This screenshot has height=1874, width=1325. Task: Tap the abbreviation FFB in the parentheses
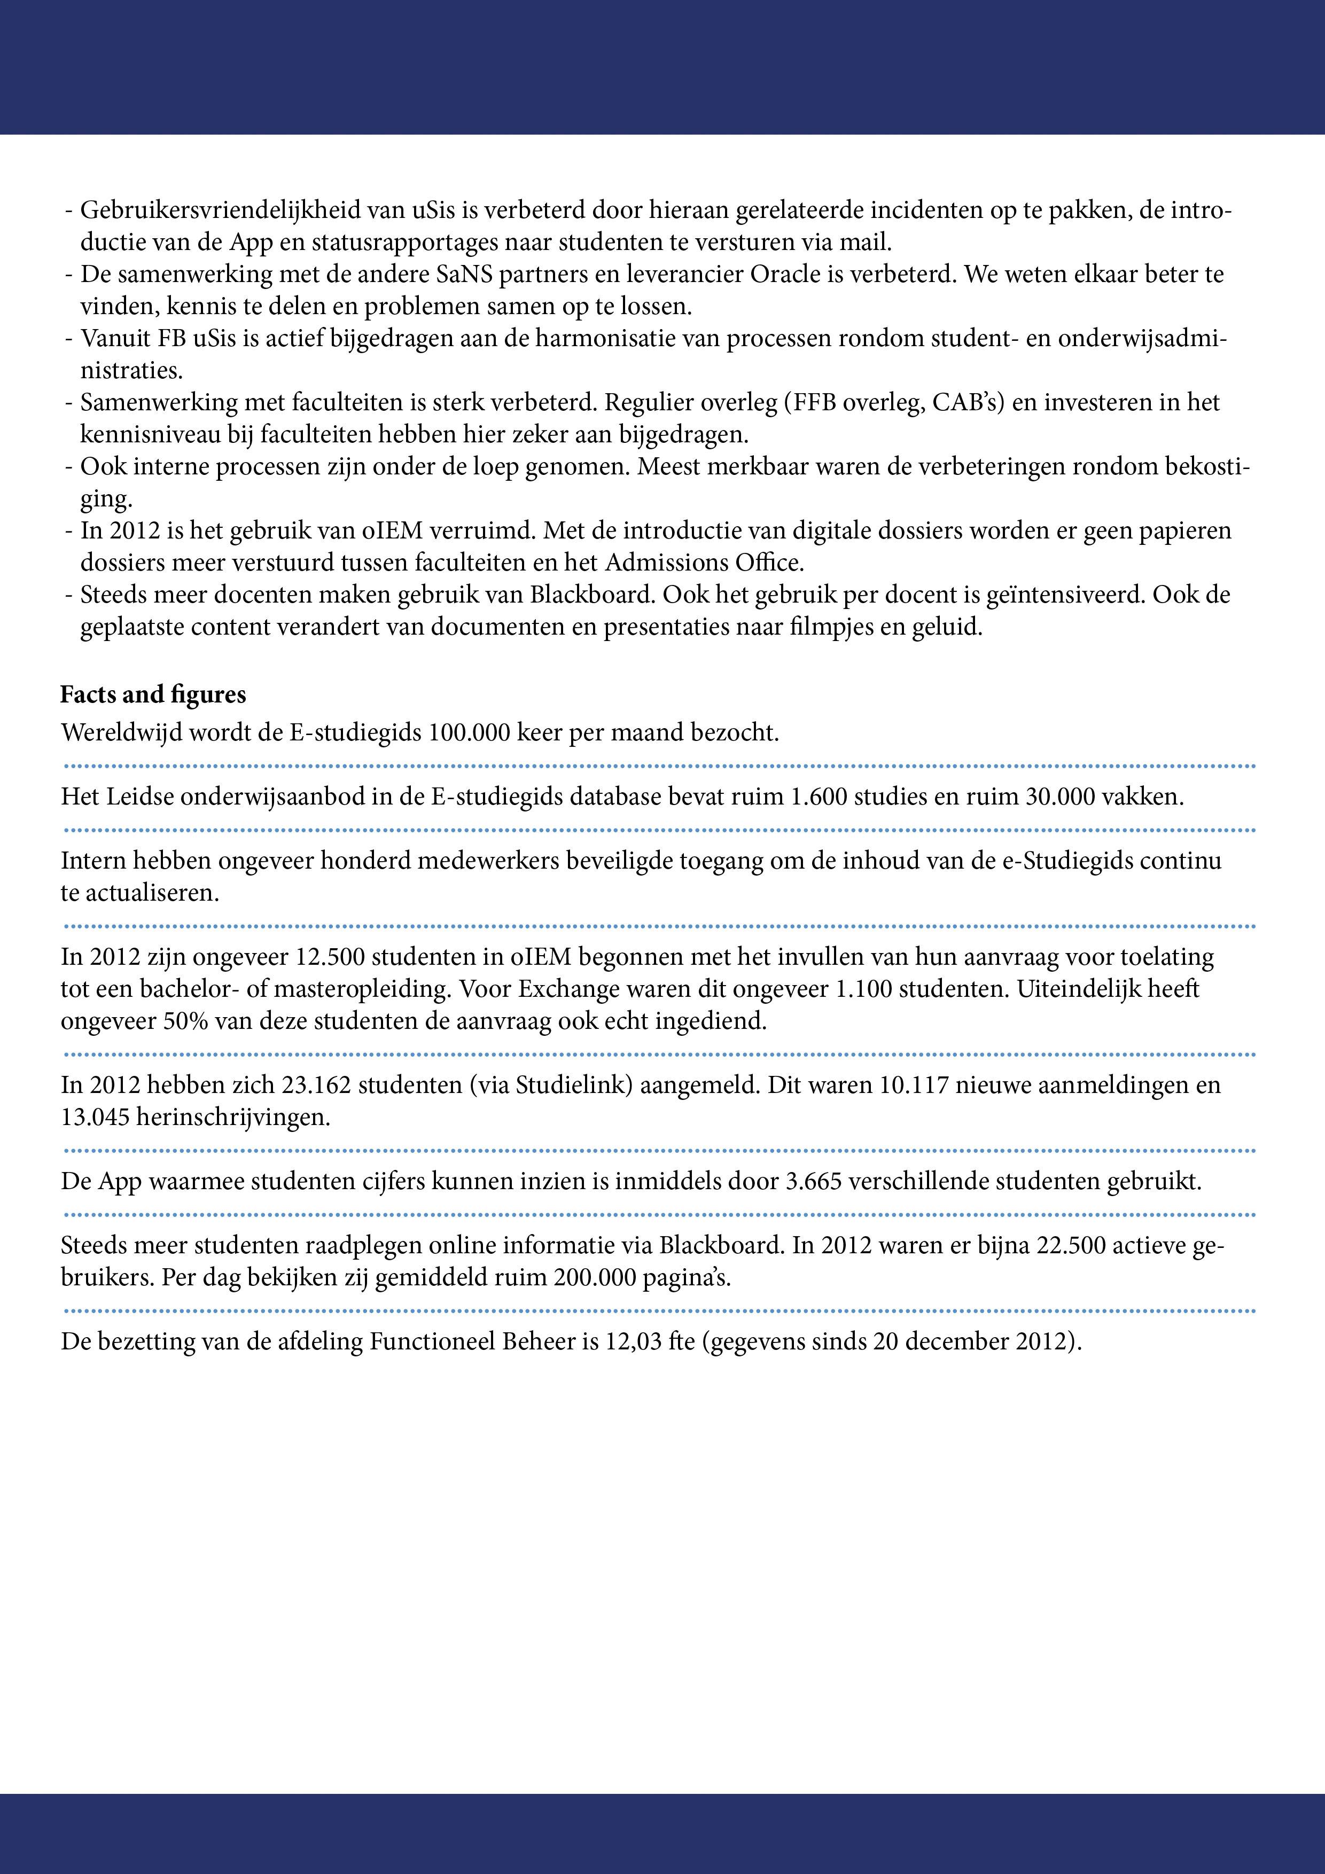pyautogui.click(x=807, y=402)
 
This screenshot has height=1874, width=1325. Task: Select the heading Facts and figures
pyautogui.click(x=153, y=694)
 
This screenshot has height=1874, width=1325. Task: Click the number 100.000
pyautogui.click(x=473, y=732)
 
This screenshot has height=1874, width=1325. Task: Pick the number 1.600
pyautogui.click(x=820, y=796)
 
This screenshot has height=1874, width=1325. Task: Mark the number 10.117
pyautogui.click(x=914, y=1085)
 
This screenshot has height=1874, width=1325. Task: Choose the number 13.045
pyautogui.click(x=95, y=1116)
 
